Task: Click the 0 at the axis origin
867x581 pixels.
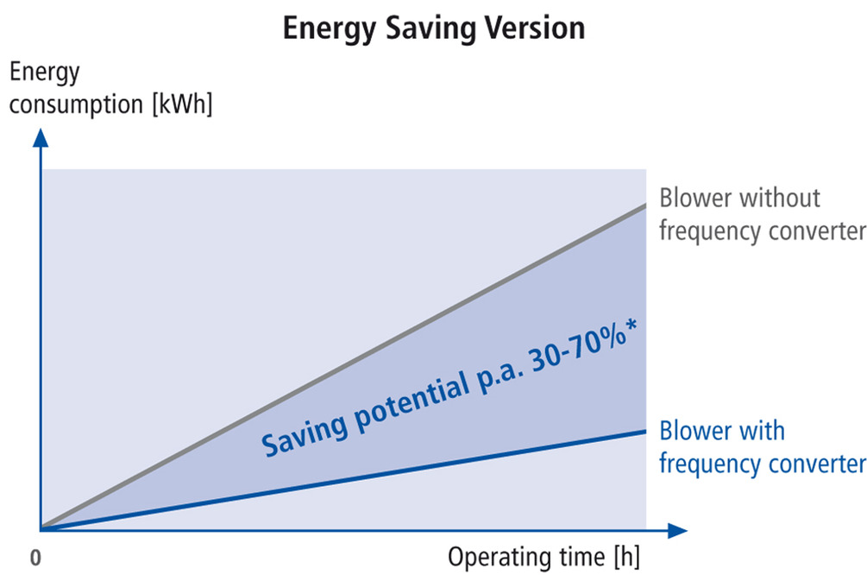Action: [35, 558]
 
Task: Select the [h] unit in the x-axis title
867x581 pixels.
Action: [626, 558]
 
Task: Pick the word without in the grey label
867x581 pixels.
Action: [781, 198]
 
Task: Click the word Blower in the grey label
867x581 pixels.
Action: [696, 198]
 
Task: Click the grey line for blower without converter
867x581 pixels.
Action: [345, 367]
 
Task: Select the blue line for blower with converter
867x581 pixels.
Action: [345, 480]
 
